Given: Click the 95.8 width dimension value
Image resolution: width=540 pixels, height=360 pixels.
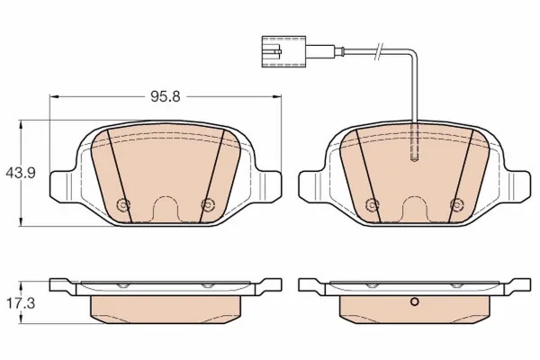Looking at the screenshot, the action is [x=166, y=97].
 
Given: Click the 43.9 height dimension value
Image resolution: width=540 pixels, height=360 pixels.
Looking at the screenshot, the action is [x=21, y=173].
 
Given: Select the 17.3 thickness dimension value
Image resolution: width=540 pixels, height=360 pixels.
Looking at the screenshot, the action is [x=21, y=303].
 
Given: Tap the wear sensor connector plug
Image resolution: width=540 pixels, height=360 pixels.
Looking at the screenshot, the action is [x=283, y=51].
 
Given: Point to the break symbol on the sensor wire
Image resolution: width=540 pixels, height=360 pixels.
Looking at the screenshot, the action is [x=379, y=52].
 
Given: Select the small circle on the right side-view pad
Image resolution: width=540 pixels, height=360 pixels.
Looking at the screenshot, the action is [x=415, y=302].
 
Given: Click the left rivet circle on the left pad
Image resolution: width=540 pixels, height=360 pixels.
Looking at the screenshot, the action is [x=123, y=205].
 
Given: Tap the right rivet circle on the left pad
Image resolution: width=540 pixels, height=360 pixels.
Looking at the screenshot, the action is [x=208, y=205].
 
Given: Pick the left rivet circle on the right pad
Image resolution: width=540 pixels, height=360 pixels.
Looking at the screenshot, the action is [x=372, y=205].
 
